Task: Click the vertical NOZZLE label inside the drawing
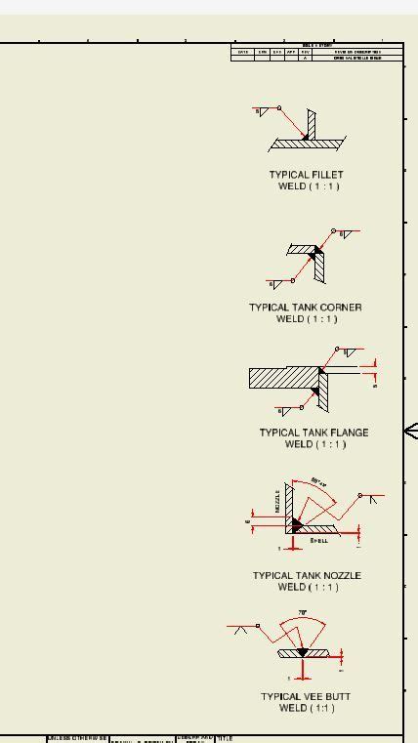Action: point(277,502)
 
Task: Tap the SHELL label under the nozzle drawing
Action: point(319,540)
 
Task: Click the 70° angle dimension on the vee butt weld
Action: point(303,613)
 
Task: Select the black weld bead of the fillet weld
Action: point(306,137)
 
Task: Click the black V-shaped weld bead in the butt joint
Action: point(303,651)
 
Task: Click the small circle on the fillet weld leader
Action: point(279,108)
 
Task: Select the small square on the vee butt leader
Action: point(258,626)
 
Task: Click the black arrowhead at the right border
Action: point(411,431)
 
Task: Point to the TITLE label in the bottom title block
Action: point(224,738)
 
